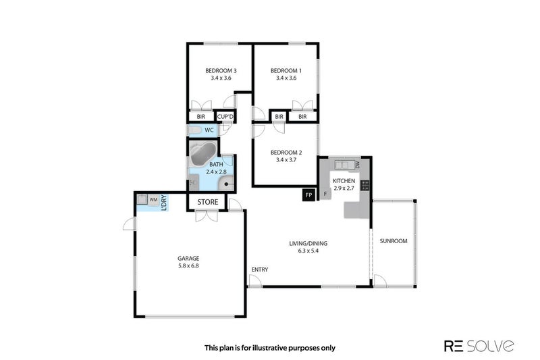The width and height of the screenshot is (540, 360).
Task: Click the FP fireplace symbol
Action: [x=308, y=195]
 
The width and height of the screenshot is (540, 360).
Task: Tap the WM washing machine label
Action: [x=153, y=199]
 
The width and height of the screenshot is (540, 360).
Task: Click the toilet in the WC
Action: [x=195, y=130]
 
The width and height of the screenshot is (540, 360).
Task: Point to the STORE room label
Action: [x=208, y=202]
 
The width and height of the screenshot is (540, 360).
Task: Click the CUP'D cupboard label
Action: [x=225, y=117]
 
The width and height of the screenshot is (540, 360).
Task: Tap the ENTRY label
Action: [x=260, y=269]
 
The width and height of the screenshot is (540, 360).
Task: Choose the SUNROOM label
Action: [x=394, y=241]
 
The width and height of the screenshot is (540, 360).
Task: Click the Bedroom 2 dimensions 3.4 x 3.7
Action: [x=286, y=160]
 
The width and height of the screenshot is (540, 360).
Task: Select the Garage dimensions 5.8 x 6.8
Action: [x=188, y=265]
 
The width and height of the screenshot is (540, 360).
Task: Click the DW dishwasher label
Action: [x=358, y=165]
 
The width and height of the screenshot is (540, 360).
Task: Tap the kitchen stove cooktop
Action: [x=365, y=185]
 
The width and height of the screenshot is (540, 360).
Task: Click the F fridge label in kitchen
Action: [x=325, y=194]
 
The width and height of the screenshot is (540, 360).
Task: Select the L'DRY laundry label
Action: [x=164, y=203]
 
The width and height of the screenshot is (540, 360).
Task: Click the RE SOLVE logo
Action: [x=479, y=346]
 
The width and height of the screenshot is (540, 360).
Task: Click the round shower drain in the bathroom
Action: [x=226, y=184]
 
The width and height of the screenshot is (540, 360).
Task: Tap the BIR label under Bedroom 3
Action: [x=201, y=117]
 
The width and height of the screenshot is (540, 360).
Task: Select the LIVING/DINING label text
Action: [x=308, y=244]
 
